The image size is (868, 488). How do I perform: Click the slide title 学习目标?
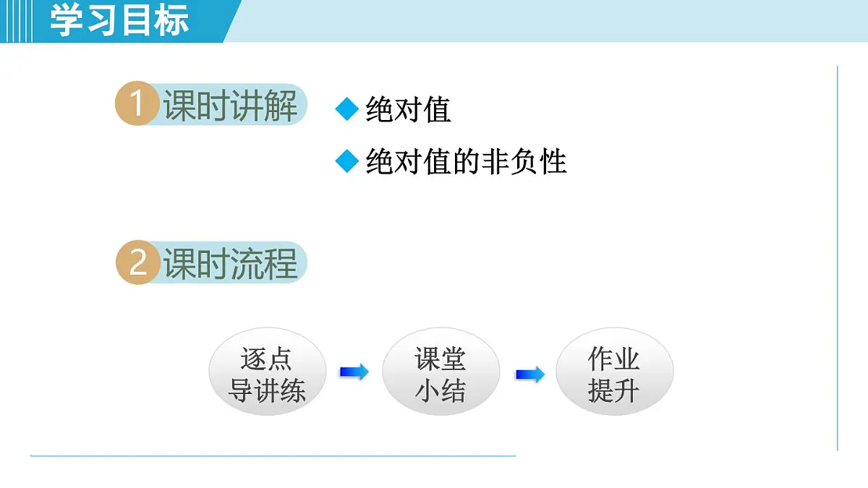point(119,20)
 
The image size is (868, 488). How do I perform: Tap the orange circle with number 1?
point(137,106)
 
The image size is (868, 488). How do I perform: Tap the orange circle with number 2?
point(137,263)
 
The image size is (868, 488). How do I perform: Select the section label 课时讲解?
point(230,106)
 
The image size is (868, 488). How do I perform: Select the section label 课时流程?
point(230,264)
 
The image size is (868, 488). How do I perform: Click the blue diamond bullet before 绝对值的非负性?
point(347,162)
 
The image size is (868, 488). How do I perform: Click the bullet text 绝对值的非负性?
point(466,162)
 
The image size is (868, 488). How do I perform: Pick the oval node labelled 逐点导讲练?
point(267,374)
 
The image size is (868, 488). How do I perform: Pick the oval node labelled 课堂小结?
point(441,374)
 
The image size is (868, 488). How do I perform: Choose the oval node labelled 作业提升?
point(614,374)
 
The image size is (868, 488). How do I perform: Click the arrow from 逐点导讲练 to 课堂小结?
point(354,372)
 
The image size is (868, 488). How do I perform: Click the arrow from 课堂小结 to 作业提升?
point(529,375)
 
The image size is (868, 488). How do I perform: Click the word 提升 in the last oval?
point(613,391)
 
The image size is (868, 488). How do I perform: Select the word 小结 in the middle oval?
point(440,391)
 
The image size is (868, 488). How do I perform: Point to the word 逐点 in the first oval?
point(266,359)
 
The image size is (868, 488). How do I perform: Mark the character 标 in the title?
point(172,20)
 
